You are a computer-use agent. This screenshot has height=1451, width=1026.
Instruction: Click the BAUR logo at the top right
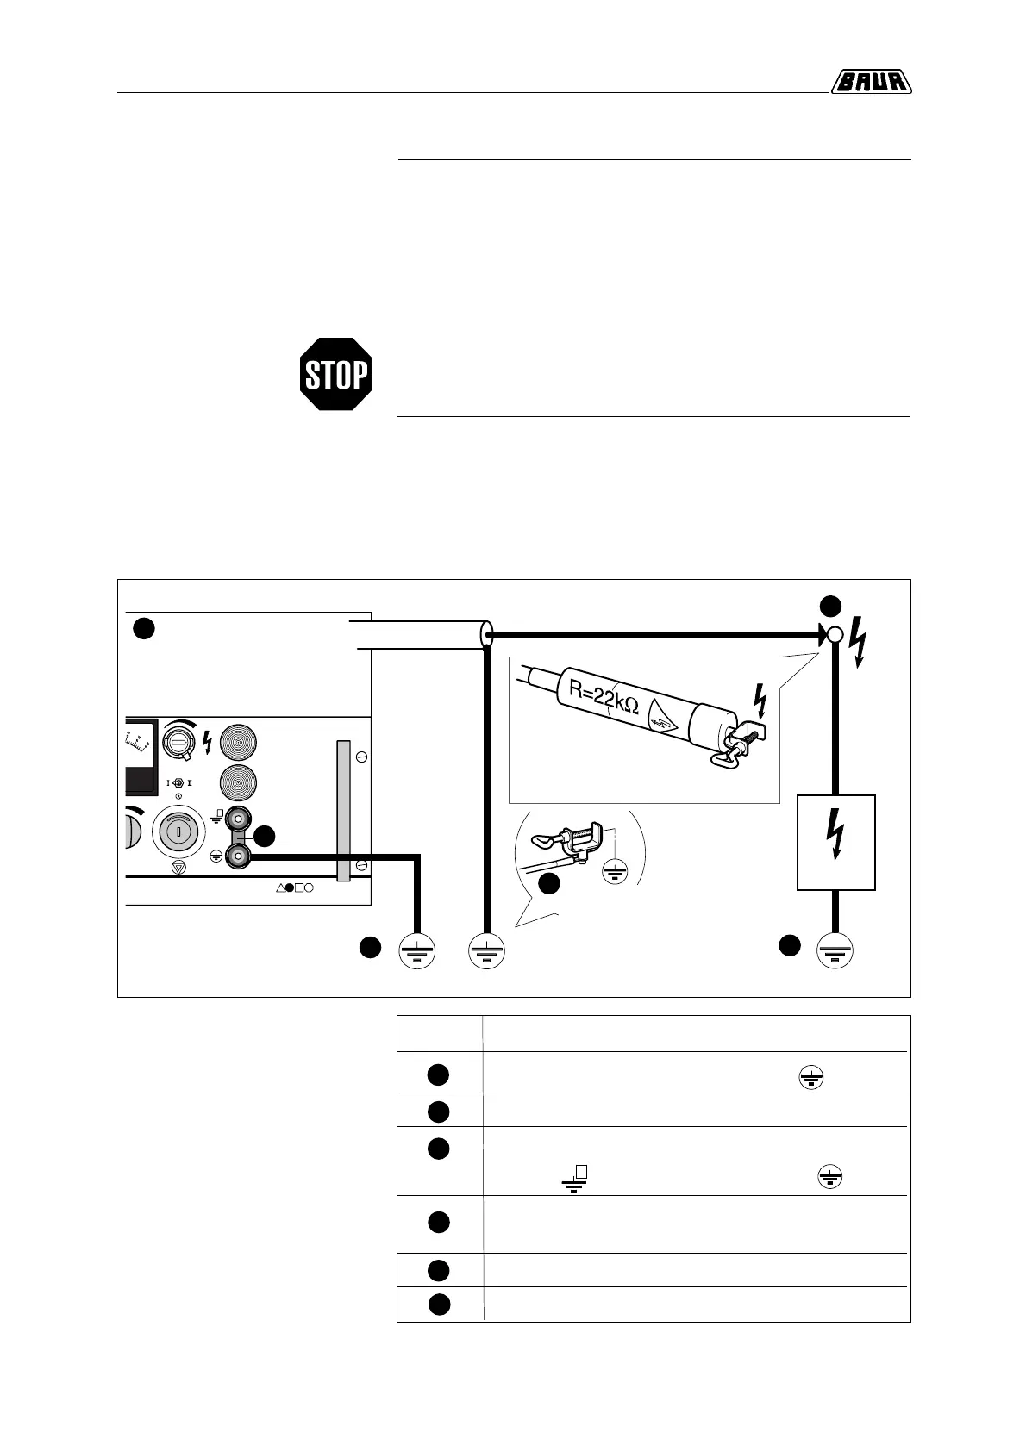tap(872, 82)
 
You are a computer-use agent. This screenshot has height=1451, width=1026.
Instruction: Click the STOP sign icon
tap(335, 374)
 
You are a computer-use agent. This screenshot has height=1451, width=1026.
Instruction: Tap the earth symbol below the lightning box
tap(834, 951)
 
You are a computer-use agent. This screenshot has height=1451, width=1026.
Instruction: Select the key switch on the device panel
tap(178, 832)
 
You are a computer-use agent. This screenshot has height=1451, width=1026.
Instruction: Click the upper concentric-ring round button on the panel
tap(239, 741)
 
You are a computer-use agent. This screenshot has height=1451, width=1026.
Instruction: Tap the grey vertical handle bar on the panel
tap(343, 810)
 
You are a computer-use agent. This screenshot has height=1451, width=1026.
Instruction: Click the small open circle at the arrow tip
tap(834, 636)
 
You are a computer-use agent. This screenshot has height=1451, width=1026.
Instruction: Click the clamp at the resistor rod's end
tap(741, 736)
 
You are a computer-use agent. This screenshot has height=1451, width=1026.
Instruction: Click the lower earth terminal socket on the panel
tap(236, 856)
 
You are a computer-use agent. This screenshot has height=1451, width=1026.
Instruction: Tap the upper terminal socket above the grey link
tap(236, 815)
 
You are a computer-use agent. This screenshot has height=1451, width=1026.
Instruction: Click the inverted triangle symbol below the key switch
tap(178, 869)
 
